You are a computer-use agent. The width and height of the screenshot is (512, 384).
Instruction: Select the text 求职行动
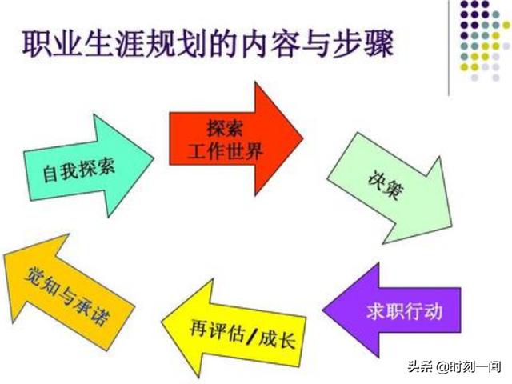(x=404, y=311)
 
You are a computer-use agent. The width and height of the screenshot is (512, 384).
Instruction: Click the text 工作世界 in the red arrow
(x=226, y=152)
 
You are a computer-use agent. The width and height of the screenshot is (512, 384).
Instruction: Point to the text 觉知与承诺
(x=67, y=296)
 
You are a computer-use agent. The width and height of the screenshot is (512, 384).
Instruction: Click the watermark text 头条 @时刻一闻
(x=454, y=366)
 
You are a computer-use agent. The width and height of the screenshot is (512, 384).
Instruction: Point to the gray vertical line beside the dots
(x=449, y=48)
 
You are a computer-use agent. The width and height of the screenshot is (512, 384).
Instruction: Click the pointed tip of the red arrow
(x=303, y=138)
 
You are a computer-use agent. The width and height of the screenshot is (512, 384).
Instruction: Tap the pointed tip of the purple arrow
(x=323, y=310)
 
